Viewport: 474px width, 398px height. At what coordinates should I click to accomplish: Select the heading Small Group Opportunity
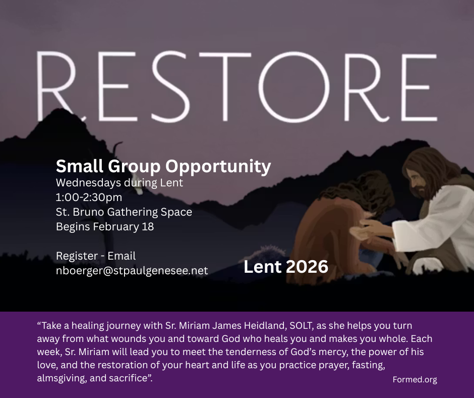point(163,166)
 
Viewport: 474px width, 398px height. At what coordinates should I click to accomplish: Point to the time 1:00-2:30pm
point(89,197)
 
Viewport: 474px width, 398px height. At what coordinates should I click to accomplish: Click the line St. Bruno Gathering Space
point(124,212)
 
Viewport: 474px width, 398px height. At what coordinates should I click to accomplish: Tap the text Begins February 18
point(105,226)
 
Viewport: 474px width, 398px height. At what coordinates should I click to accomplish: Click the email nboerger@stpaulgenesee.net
point(132,270)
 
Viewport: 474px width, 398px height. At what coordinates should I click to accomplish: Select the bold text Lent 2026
point(286,267)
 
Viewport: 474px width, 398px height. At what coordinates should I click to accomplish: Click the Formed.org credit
point(414,379)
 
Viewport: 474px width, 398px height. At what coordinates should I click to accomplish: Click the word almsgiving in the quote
point(65,377)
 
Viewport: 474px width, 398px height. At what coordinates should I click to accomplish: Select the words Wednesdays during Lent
point(120,182)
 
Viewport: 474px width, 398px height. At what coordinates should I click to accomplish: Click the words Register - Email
point(96,256)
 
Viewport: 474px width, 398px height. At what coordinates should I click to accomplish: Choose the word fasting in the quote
point(370,364)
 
